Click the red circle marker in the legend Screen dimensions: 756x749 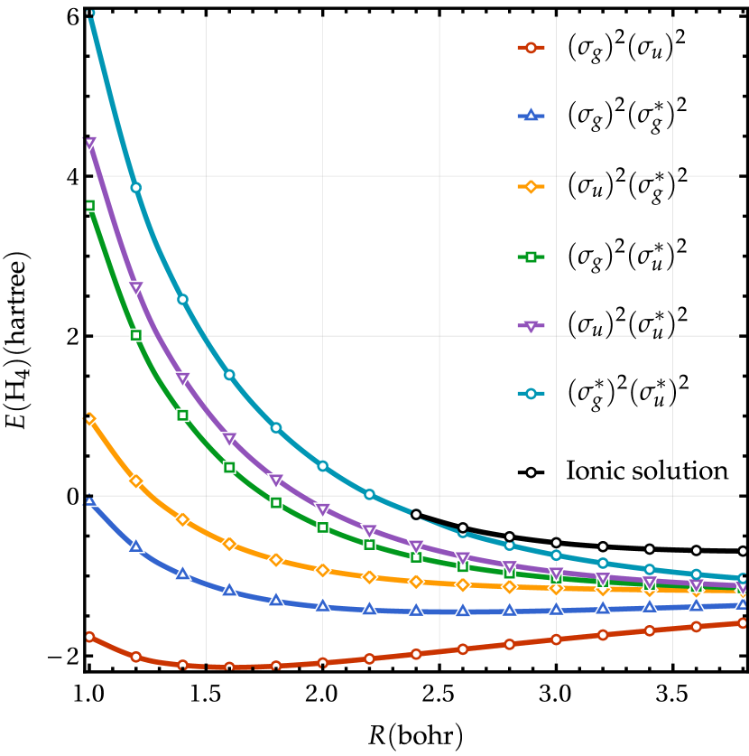click(x=531, y=47)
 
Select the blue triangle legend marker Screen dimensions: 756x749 click(x=531, y=116)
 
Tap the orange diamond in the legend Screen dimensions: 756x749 click(x=531, y=186)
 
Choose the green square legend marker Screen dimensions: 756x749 click(x=531, y=257)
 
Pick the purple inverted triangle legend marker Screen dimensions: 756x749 click(x=531, y=326)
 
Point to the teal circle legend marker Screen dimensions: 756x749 click(x=531, y=393)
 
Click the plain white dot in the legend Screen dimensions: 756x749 click(x=531, y=471)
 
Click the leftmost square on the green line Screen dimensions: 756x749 click(x=88, y=205)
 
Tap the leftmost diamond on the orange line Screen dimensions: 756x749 click(x=88, y=418)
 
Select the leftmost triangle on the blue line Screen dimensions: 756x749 click(x=88, y=499)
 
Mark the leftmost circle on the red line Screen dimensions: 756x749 click(x=88, y=637)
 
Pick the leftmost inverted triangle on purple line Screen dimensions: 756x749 click(x=88, y=144)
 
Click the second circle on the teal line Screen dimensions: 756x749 click(x=135, y=187)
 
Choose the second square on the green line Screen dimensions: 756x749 click(x=135, y=335)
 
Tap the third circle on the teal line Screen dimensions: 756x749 click(x=182, y=299)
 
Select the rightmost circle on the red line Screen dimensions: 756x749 click(x=743, y=623)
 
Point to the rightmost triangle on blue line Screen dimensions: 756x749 click(x=742, y=603)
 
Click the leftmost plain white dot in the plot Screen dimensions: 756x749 click(x=416, y=514)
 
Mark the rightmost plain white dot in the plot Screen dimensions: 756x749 click(x=743, y=551)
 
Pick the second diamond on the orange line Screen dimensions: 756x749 click(x=135, y=481)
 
